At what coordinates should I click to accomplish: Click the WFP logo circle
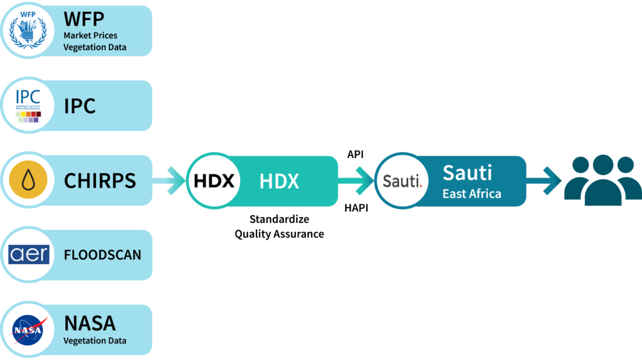point(27,30)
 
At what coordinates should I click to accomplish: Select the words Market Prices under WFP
point(90,35)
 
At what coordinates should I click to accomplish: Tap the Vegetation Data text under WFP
point(95,47)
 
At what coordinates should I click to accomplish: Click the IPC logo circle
point(27,105)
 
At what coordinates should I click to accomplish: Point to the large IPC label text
point(80,106)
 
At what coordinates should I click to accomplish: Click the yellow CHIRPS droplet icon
point(27,181)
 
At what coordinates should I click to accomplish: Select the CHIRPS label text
point(100,181)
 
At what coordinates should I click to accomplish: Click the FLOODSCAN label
point(102,255)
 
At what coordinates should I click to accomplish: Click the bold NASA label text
point(90,324)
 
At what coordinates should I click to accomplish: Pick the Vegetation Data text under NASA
point(95,341)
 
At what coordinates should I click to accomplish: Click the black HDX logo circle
point(214,181)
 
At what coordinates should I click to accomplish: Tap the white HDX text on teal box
point(279,181)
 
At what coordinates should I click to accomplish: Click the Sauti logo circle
point(402,181)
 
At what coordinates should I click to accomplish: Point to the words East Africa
point(471,194)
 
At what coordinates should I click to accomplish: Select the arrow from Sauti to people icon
point(543,181)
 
